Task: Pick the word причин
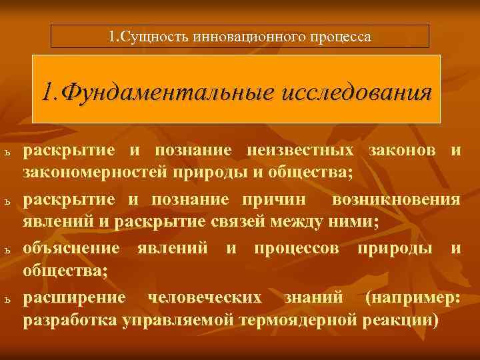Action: click(x=280, y=199)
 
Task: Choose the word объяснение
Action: click(x=72, y=249)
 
